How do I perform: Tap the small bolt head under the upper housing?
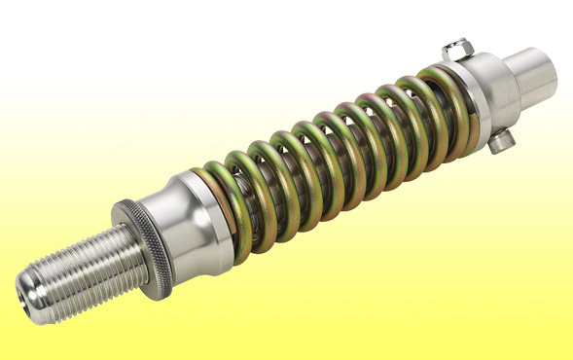pyautogui.click(x=500, y=142)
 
